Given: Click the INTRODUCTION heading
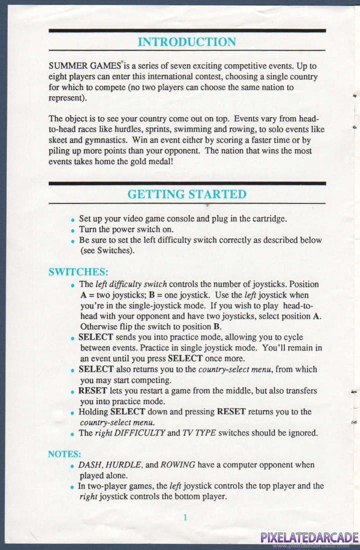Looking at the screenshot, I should click(x=186, y=42).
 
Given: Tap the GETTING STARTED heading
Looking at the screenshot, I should click(x=186, y=194).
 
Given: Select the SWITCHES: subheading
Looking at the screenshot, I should click(x=78, y=272).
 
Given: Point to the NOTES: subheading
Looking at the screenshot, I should click(x=64, y=454).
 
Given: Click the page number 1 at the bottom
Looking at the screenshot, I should click(x=185, y=517).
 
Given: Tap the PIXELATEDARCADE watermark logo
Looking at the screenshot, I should click(x=309, y=537).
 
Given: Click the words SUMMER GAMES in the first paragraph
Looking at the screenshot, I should click(x=85, y=66).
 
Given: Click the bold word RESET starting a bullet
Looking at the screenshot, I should click(x=93, y=390).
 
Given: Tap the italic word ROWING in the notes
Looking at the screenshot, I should click(x=178, y=465).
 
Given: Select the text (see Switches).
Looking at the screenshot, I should click(x=107, y=250).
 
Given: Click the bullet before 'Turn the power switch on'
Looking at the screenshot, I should click(x=73, y=230).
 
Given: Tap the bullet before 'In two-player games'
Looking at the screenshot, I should click(x=73, y=486).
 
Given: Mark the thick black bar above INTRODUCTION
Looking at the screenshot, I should click(x=186, y=30).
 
